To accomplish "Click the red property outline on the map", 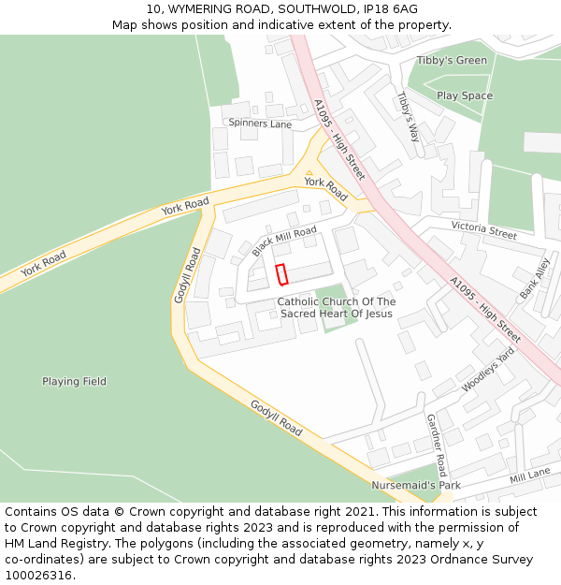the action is point(280,273).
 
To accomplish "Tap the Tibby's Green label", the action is point(452,61).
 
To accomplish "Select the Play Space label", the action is point(465,95).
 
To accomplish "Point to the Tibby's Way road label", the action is point(408,116).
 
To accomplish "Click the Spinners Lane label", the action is point(261,124).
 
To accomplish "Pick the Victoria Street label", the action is point(483,230).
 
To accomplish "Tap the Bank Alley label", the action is point(537,279).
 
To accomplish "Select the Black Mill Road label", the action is point(284,241).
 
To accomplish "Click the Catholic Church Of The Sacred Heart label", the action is point(337,308).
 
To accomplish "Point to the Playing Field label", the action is point(74,382).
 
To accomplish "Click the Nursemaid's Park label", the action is point(416,486).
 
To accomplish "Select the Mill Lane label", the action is point(529,476).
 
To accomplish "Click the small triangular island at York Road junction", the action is point(309,173).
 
